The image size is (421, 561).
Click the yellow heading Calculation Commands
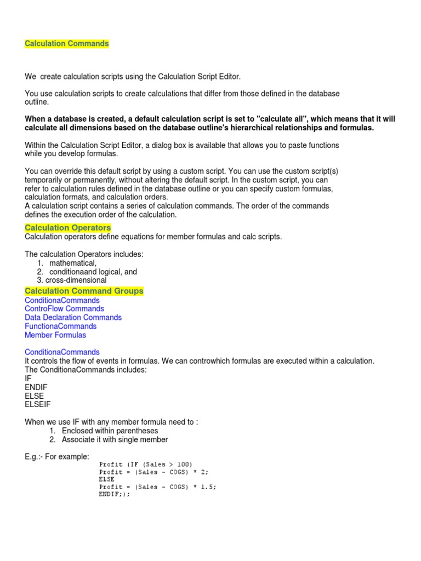[x=67, y=44]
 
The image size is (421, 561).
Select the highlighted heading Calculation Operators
[x=68, y=227]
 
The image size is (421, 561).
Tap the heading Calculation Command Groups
[x=84, y=291]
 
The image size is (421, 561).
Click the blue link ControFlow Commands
[x=65, y=308]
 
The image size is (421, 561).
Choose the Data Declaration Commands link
[x=73, y=317]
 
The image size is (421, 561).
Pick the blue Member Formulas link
[x=55, y=335]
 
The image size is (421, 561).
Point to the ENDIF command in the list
[x=36, y=387]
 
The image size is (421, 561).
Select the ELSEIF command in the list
[x=38, y=404]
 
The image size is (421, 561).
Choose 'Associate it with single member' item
[x=115, y=439]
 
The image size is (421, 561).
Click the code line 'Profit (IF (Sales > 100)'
[x=145, y=464]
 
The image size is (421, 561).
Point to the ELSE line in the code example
[x=107, y=479]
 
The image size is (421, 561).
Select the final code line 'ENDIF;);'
[x=115, y=494]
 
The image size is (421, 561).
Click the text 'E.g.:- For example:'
[x=57, y=456]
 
